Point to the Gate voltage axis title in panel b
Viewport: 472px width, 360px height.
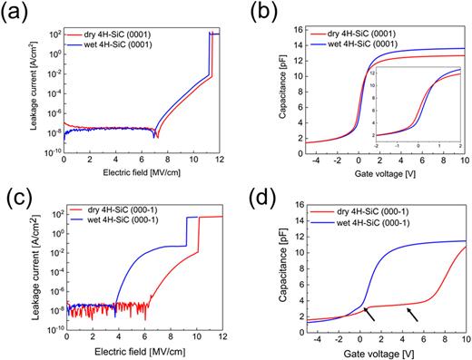tap(382, 171)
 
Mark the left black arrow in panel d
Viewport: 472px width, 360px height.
tap(372, 314)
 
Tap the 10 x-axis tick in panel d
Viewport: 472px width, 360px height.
tap(464, 335)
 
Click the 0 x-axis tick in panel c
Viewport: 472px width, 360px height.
tap(65, 335)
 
